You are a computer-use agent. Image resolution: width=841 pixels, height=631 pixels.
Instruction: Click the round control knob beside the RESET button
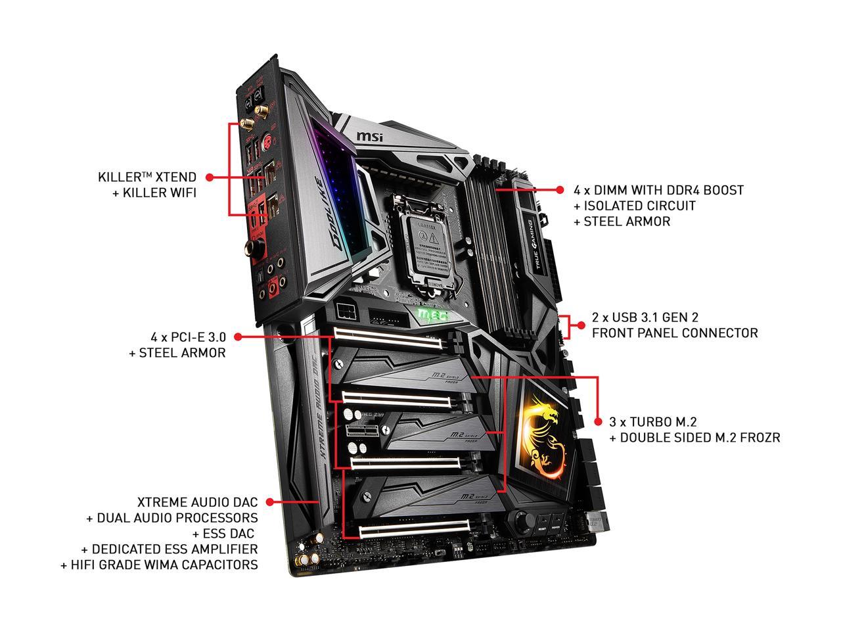[524, 522]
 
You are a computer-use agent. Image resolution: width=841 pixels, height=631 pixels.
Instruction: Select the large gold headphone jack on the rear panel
[252, 246]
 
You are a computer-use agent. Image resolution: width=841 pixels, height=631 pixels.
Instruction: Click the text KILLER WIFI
[154, 193]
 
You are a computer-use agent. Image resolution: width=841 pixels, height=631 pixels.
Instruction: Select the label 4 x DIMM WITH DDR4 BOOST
[658, 190]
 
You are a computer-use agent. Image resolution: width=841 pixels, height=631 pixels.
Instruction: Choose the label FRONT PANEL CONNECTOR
[675, 333]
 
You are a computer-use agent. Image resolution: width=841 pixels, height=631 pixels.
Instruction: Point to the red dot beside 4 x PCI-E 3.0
[238, 337]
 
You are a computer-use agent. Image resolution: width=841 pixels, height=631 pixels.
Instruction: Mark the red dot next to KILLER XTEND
[210, 177]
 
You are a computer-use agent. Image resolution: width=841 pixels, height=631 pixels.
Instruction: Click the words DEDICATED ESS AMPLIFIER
[170, 549]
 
